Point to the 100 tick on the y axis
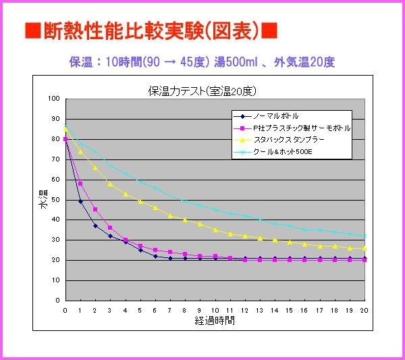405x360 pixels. click(54, 99)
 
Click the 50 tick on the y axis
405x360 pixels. click(55, 200)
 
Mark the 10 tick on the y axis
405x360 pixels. click(55, 280)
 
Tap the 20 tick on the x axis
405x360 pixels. click(365, 310)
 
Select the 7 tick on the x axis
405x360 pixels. click(170, 310)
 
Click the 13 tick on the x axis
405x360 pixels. click(260, 310)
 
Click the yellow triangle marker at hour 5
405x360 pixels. click(140, 201)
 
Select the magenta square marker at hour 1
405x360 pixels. click(80, 184)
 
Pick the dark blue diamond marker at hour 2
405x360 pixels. click(95, 226)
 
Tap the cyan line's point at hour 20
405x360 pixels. click(365, 236)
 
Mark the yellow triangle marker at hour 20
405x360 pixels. click(365, 248)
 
